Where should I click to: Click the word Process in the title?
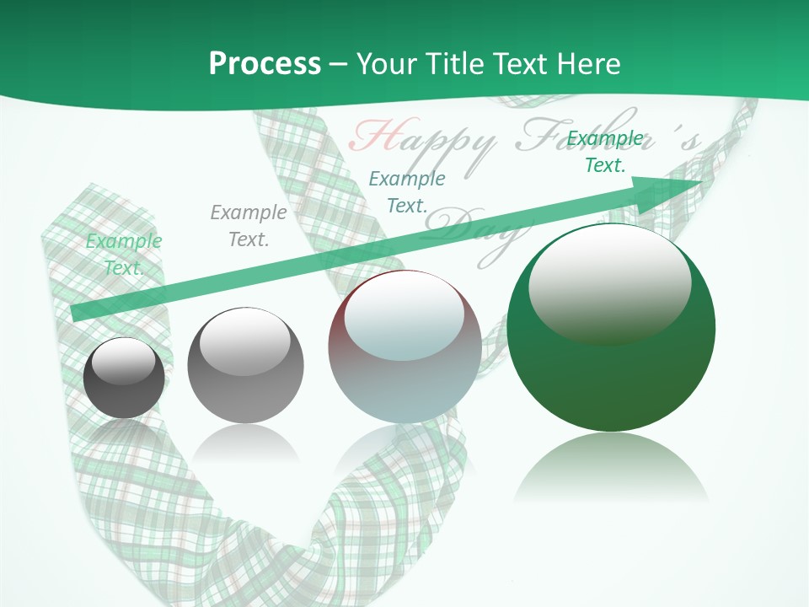(x=265, y=64)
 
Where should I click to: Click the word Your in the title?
(x=387, y=64)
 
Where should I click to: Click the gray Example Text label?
(x=249, y=226)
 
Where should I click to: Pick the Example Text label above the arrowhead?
(x=605, y=152)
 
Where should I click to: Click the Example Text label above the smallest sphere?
(x=124, y=255)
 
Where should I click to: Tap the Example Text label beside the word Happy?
(x=407, y=192)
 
